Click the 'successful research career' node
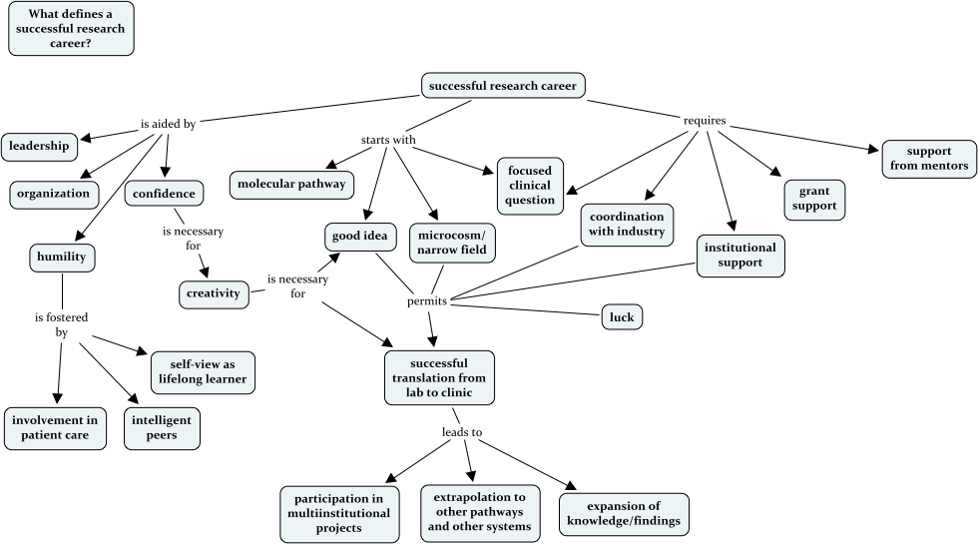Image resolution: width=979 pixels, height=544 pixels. click(502, 86)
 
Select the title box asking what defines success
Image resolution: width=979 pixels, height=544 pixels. click(70, 28)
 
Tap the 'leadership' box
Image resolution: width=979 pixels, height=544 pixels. click(39, 146)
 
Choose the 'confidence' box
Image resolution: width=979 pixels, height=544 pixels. click(166, 193)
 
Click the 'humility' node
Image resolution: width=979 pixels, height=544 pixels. click(62, 258)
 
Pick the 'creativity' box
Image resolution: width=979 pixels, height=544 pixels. click(215, 293)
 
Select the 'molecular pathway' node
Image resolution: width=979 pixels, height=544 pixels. click(291, 184)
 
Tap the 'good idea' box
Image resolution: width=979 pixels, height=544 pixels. click(361, 237)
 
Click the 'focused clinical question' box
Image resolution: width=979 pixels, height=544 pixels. click(530, 185)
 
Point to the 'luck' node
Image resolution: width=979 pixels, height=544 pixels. click(622, 317)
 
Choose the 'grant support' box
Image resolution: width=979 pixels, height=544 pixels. click(814, 200)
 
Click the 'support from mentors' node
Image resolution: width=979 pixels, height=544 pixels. click(929, 158)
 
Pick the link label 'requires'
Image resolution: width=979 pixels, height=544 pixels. click(704, 121)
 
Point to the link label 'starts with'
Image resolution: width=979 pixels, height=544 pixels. click(388, 140)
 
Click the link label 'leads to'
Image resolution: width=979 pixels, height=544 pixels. click(462, 433)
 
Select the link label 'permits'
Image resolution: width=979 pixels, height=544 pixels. click(427, 299)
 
